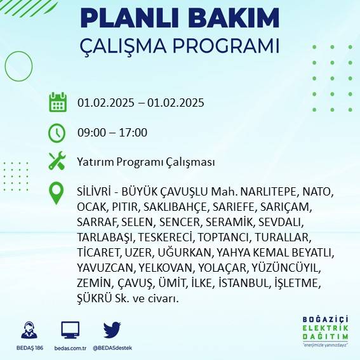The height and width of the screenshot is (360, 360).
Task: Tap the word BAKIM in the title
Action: click(230, 18)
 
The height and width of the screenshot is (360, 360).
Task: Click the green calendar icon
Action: click(58, 102)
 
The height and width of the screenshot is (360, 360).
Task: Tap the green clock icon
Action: click(57, 133)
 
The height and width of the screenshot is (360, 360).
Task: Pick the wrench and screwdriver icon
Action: click(57, 161)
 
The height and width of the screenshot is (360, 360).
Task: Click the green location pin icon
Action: click(57, 193)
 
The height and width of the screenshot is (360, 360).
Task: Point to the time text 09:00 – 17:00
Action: click(112, 133)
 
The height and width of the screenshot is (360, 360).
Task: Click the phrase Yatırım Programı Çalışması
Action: click(146, 162)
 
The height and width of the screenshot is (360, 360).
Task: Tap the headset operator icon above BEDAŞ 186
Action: click(29, 331)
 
